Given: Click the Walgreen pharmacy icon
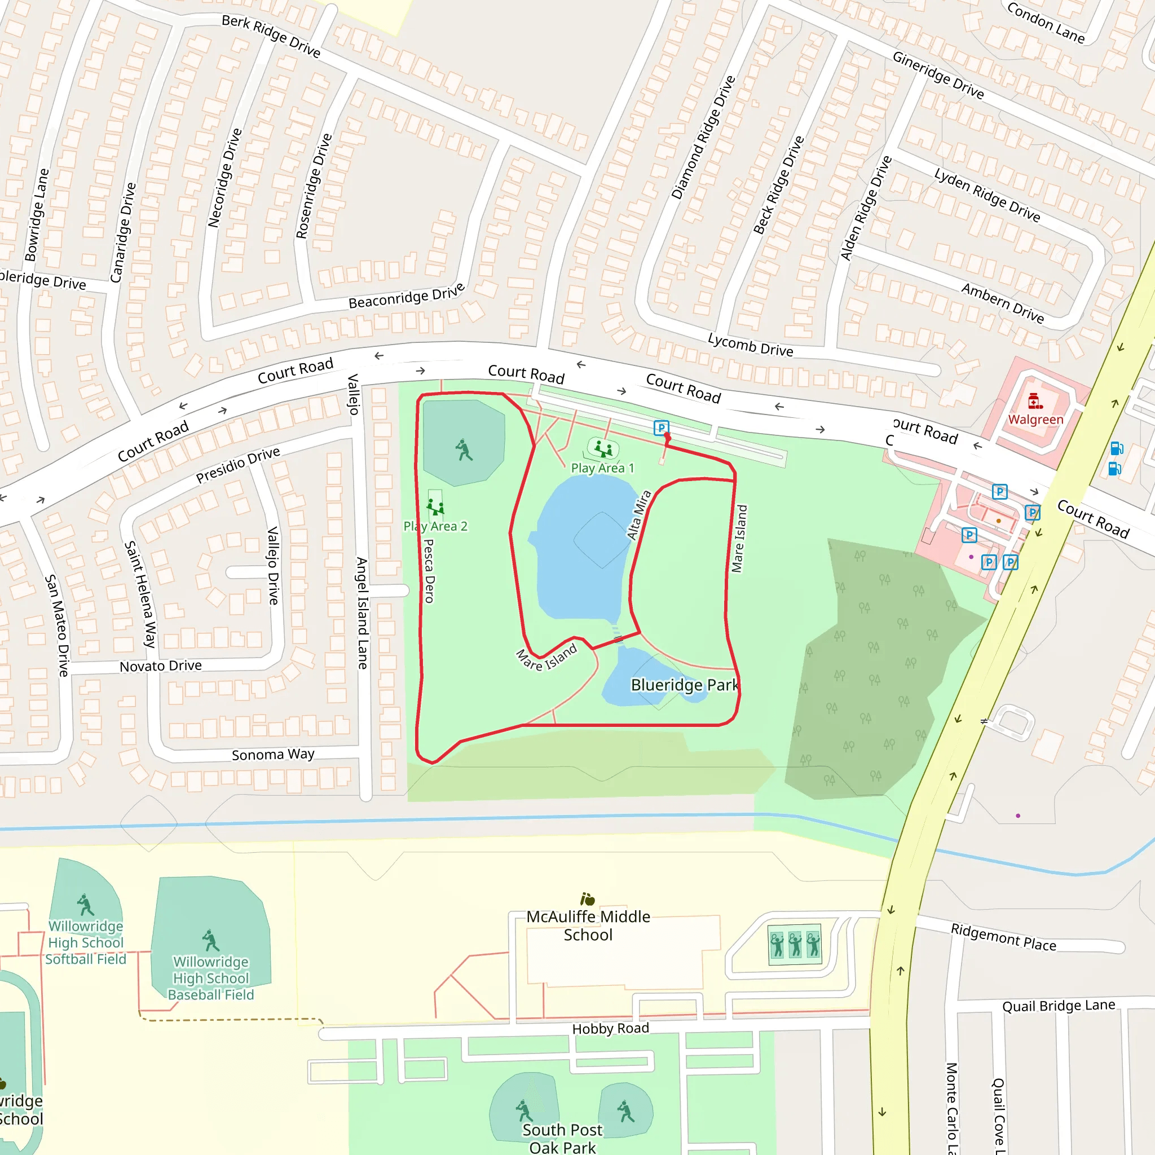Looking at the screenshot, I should tap(1035, 401).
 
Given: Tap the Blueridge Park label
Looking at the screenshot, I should tap(685, 685).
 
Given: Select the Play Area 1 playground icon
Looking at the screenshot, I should tap(603, 448).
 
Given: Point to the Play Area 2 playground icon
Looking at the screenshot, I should tap(435, 507).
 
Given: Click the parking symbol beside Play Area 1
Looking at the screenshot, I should tap(660, 428).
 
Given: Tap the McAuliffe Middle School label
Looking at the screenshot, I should tap(588, 926).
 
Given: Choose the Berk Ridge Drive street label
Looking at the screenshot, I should tap(271, 36).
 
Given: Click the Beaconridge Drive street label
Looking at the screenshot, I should tap(407, 296).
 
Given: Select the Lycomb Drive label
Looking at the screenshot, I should tap(750, 345).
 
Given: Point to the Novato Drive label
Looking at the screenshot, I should tap(160, 666).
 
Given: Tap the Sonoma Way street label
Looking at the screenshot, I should tap(272, 755).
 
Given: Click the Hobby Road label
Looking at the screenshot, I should tap(610, 1029).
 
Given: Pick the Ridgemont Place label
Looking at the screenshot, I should tap(1003, 937).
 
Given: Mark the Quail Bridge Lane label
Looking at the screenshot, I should tap(1058, 1006).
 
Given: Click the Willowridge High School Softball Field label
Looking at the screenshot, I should tap(86, 943).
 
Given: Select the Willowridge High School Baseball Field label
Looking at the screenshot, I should tap(211, 978).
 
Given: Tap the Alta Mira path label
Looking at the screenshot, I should tap(638, 515).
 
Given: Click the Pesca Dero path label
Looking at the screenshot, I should tap(429, 571).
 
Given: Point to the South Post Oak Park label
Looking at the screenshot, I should tap(562, 1138).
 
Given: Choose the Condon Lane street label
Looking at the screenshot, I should tap(1046, 23).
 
